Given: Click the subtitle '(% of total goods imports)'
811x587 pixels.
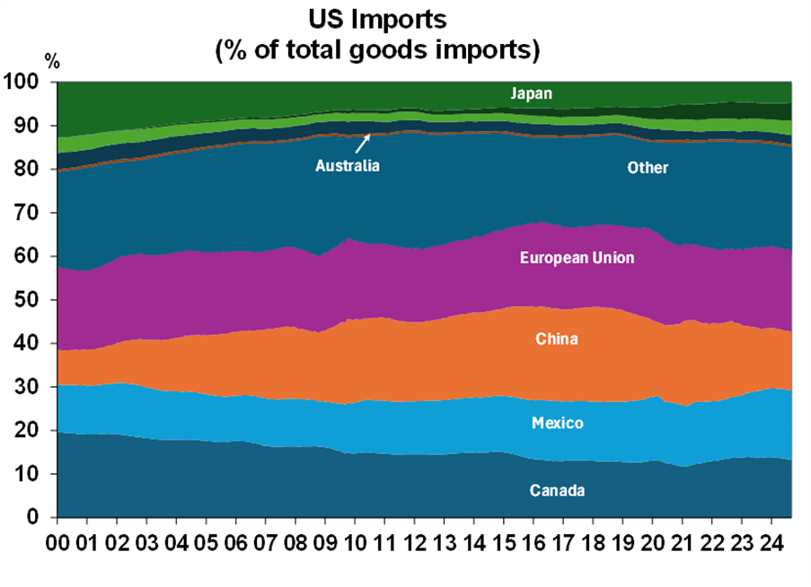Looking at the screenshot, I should coord(376,49).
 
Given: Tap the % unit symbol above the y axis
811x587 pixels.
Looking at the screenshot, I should coord(52,62).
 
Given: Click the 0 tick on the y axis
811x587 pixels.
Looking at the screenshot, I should coord(39,518).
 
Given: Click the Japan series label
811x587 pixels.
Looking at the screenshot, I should coord(531,93).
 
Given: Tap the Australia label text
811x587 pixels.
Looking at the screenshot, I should coord(348,165).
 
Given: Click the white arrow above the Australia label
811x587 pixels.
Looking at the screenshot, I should coord(363,143).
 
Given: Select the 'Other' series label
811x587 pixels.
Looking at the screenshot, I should coord(648,168).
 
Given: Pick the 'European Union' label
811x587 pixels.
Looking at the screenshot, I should coord(577,258).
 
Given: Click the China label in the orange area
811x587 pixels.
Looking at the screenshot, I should coord(557,339).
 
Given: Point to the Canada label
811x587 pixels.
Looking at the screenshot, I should coord(557,490).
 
